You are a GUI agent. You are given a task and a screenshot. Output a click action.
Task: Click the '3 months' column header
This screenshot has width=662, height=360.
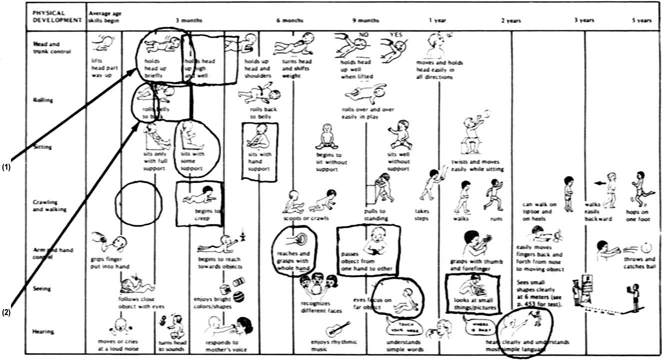[188, 20]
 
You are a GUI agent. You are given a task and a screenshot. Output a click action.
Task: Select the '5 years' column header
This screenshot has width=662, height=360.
[642, 20]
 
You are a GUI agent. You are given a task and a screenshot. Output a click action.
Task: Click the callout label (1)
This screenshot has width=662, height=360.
[6, 167]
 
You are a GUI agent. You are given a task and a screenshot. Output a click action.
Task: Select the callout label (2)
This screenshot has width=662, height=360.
[6, 313]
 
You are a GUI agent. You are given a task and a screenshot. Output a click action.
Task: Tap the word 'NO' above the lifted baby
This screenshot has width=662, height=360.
[361, 34]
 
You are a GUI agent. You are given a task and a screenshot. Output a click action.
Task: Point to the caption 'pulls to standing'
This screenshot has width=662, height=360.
[375, 215]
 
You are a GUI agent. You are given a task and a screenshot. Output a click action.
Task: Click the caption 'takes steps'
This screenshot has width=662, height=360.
[422, 215]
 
